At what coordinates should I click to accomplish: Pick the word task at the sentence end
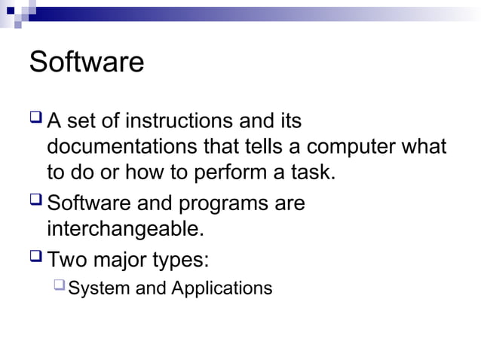pos(311,172)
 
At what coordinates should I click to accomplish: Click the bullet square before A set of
pos(35,118)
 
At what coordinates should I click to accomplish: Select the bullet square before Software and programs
pos(35,201)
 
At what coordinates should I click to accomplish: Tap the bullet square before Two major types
pos(35,258)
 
